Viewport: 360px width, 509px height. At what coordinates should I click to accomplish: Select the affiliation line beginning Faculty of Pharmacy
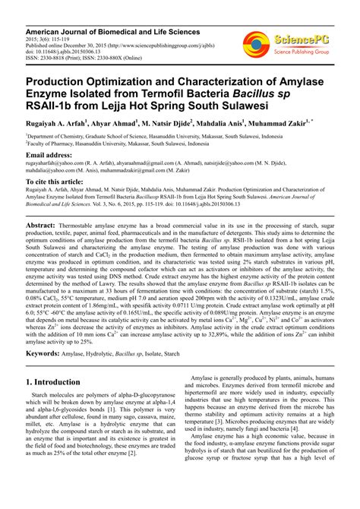pos(114,142)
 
